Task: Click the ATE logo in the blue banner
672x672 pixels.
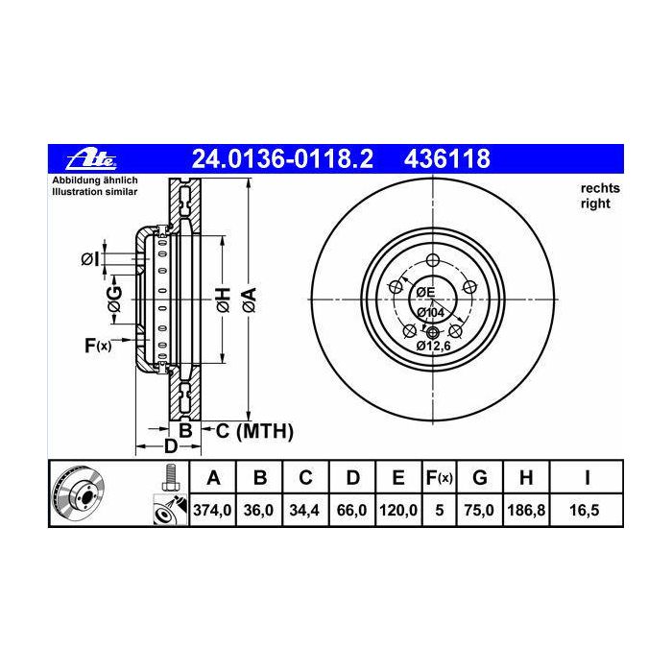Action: click(91, 159)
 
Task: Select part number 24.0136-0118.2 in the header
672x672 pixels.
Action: click(282, 158)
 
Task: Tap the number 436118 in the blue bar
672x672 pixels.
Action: click(447, 158)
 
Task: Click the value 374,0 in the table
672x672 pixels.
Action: click(212, 511)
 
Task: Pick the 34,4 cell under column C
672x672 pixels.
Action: click(304, 511)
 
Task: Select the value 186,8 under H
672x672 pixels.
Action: click(526, 511)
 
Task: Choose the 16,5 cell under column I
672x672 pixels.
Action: click(585, 511)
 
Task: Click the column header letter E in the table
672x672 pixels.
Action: click(398, 477)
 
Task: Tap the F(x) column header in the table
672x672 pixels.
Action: click(439, 477)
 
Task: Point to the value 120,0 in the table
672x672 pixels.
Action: click(398, 511)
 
